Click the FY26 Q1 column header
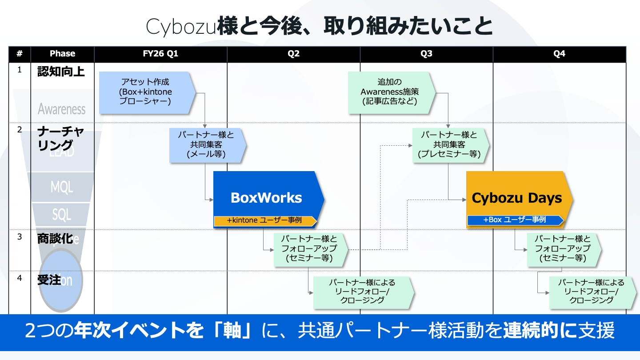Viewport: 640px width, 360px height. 160,54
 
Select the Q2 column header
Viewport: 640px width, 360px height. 293,54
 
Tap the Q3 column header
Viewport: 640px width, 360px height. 426,54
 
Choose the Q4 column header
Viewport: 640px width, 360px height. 559,54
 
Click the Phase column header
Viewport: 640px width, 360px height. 62,54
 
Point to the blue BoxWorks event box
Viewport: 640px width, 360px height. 267,196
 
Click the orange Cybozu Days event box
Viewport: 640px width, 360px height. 516,196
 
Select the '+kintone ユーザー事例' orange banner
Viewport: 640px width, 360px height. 265,220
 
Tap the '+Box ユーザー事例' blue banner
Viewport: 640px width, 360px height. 515,220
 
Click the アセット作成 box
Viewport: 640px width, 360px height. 146,92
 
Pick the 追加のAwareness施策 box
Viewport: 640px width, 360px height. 390,92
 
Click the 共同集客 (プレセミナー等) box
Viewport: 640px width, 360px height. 449,144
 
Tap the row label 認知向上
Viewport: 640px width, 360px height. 61,72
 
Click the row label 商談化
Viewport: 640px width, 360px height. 55,238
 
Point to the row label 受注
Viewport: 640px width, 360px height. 49,280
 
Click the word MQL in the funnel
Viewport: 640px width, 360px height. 62,187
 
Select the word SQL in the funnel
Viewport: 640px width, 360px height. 62,215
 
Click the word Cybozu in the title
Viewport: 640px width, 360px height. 181,27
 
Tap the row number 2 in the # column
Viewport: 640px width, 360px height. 20,130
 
